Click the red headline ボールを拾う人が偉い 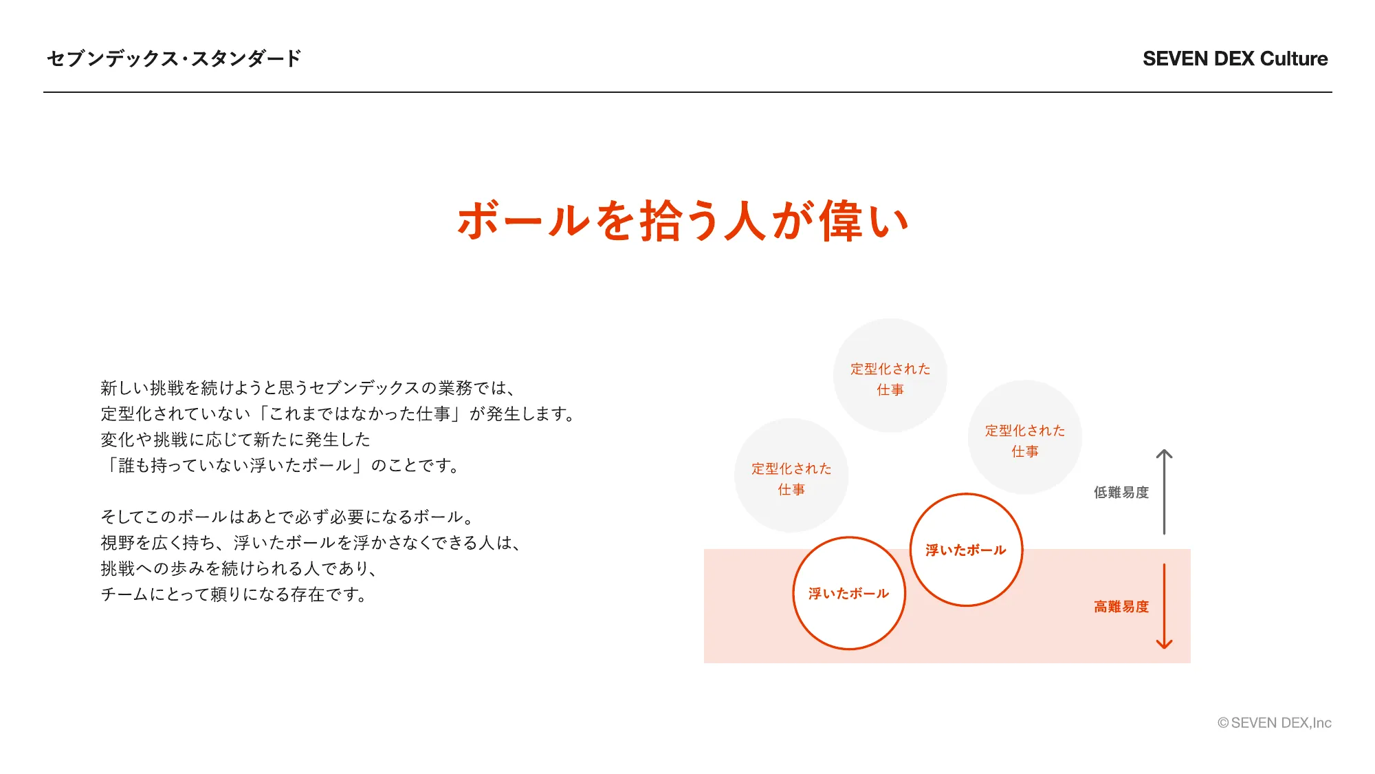pyautogui.click(x=683, y=221)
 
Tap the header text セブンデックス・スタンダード pyautogui.click(x=174, y=58)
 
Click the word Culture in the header pyautogui.click(x=1294, y=58)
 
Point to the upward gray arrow pyautogui.click(x=1164, y=492)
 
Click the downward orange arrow pyautogui.click(x=1164, y=606)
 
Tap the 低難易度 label pyautogui.click(x=1121, y=493)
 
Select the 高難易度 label pyautogui.click(x=1121, y=607)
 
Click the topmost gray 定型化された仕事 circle pyautogui.click(x=890, y=376)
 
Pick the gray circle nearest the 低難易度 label pyautogui.click(x=1025, y=437)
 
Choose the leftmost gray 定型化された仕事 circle pyautogui.click(x=791, y=475)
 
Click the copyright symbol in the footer pyautogui.click(x=1223, y=723)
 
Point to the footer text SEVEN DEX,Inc pyautogui.click(x=1281, y=723)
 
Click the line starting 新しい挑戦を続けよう pyautogui.click(x=308, y=388)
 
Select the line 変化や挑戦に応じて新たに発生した pyautogui.click(x=235, y=440)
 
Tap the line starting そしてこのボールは pyautogui.click(x=287, y=517)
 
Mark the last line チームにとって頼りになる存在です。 pyautogui.click(x=234, y=594)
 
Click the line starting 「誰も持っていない pyautogui.click(x=280, y=466)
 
